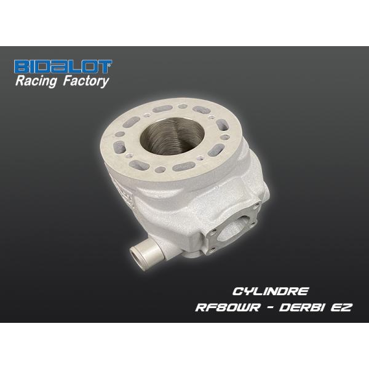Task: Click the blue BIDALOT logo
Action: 63,66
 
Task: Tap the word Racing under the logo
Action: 36,81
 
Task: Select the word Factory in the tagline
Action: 86,81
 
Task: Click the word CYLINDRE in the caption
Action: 270,292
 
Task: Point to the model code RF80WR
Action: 228,307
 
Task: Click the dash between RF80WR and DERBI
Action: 269,307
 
